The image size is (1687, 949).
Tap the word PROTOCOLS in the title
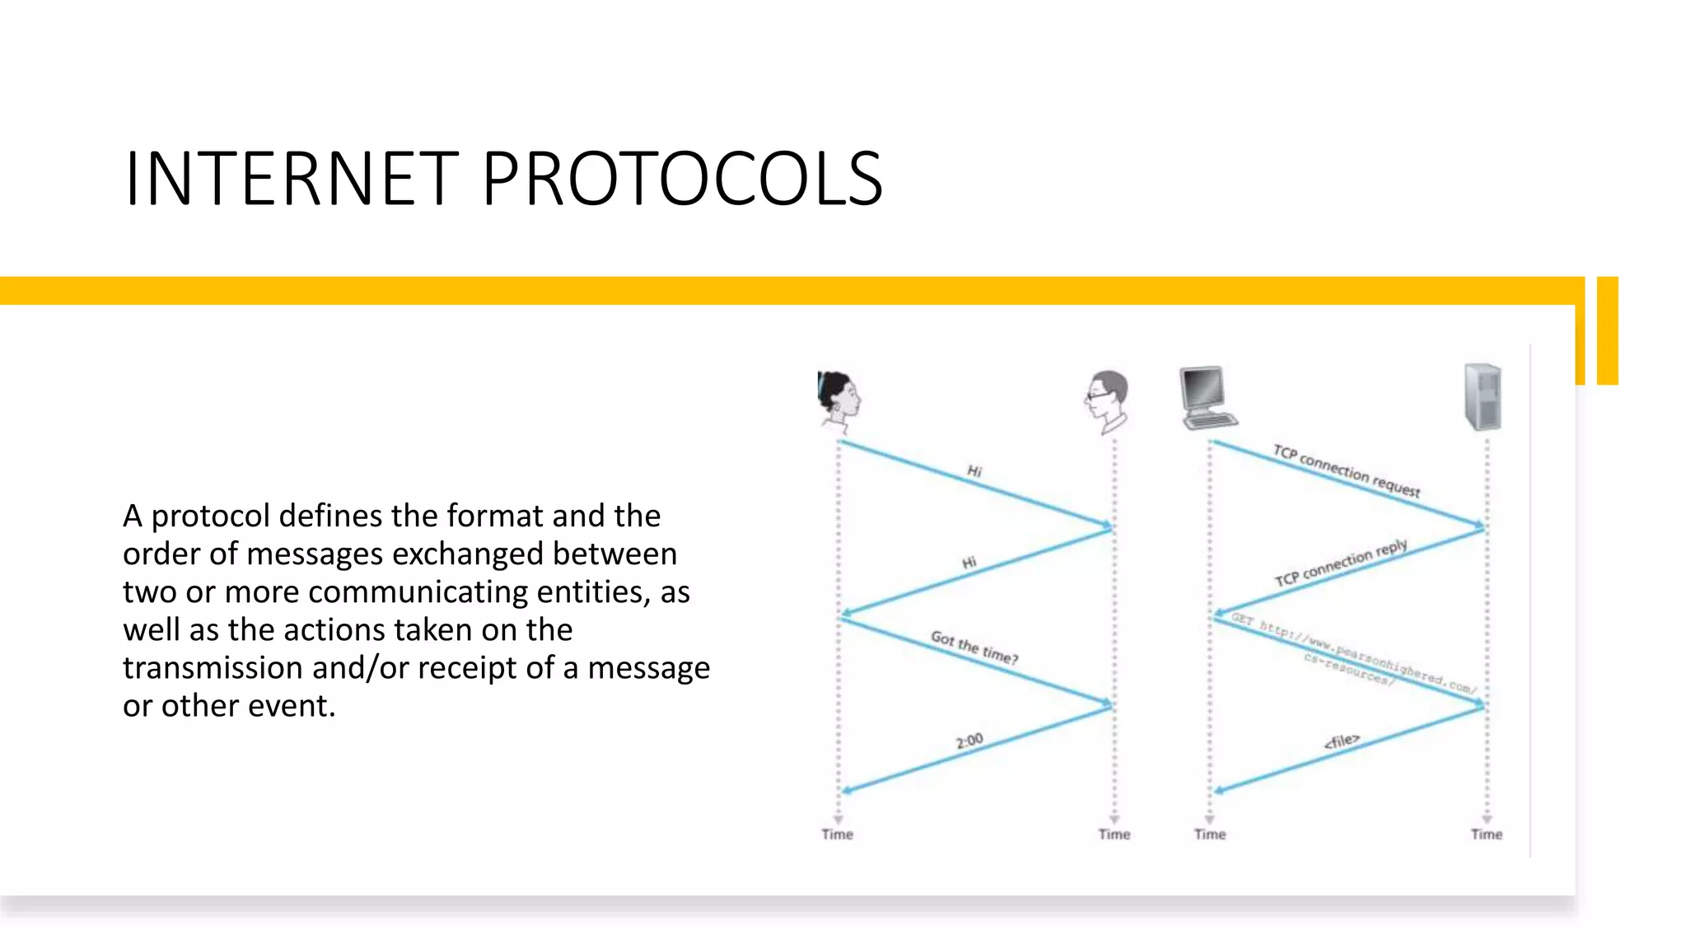point(682,179)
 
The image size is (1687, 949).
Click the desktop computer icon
point(1207,398)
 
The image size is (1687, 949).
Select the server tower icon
point(1483,397)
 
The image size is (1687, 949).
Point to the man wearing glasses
point(1107,401)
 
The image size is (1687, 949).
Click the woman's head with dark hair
point(838,400)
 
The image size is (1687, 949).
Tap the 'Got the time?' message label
point(974,647)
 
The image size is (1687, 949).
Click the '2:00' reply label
point(970,741)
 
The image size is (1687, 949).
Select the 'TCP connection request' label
point(1346,471)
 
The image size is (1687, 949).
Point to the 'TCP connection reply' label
point(1341,563)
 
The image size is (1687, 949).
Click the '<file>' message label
point(1341,741)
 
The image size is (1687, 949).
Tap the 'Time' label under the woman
point(837,834)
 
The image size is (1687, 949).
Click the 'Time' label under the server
point(1486,834)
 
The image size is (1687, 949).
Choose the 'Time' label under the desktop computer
point(1209,834)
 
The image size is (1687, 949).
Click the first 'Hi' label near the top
point(974,471)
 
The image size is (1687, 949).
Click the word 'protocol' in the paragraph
point(211,517)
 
